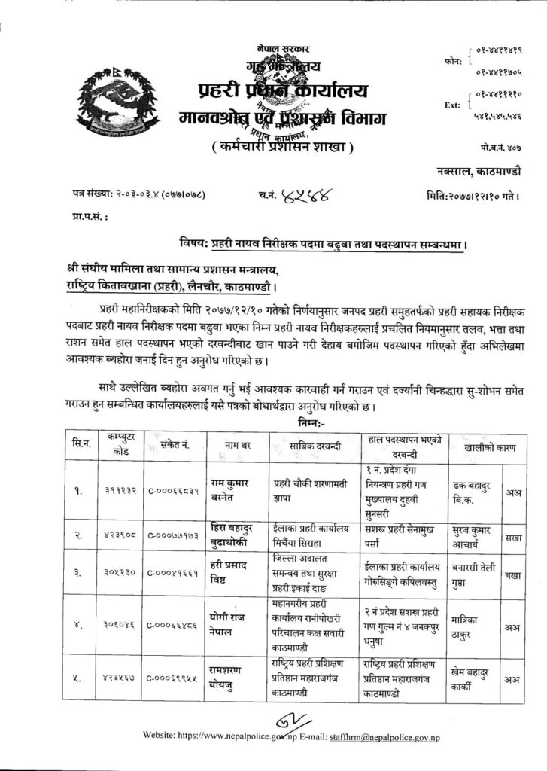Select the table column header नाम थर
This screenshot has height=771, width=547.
pos(241,447)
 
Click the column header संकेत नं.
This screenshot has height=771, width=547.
pos(173,447)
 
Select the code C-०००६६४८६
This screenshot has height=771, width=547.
pos(174,624)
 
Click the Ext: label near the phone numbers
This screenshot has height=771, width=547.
pos(451,105)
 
